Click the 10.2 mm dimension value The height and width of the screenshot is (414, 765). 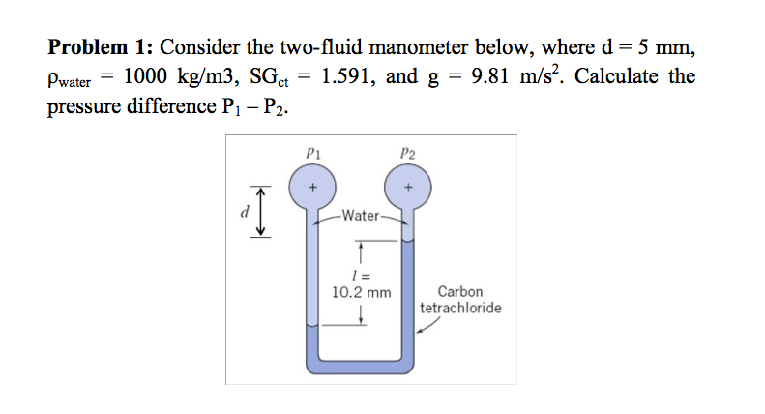click(x=361, y=290)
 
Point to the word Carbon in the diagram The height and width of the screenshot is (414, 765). click(x=460, y=291)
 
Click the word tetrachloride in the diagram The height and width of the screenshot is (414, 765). click(x=460, y=308)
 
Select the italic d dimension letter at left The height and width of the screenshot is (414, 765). click(x=245, y=210)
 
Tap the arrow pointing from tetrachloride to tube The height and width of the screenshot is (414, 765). click(x=430, y=327)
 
